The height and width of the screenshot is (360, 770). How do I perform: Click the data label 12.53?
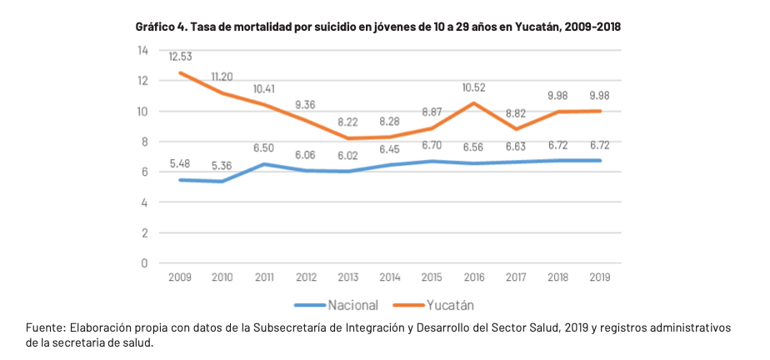[181, 57]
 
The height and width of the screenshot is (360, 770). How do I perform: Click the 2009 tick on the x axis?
[181, 277]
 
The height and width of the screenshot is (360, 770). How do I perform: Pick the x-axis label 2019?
[599, 277]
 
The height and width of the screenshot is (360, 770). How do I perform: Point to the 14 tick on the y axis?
[142, 51]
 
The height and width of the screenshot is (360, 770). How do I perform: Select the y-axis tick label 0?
[145, 262]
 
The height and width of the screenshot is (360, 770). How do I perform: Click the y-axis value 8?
[145, 142]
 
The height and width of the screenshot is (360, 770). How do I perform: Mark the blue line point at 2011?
[265, 164]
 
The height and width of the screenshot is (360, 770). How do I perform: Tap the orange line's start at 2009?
[181, 73]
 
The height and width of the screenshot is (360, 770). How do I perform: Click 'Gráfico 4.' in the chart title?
[162, 27]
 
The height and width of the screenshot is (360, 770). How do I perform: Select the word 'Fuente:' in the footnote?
[46, 327]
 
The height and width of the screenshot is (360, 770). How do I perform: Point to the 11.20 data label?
[222, 77]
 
